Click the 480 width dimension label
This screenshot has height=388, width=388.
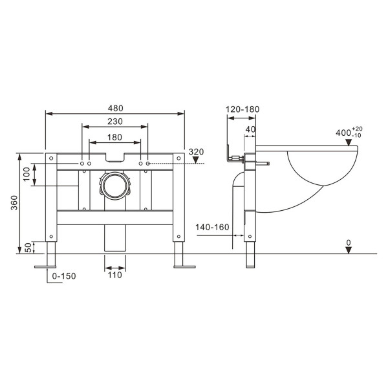click(115, 108)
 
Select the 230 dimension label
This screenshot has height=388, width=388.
click(115, 122)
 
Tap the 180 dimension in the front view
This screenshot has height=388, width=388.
click(115, 136)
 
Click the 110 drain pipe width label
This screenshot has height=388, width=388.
click(114, 275)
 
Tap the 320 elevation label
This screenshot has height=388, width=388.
click(197, 152)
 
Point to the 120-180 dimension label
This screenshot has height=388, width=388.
click(242, 109)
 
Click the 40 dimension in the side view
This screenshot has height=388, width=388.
click(250, 129)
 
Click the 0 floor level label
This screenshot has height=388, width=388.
click(349, 242)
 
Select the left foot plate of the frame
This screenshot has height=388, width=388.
click(47, 265)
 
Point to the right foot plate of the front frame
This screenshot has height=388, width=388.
click(183, 265)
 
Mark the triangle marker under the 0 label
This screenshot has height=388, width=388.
click(349, 251)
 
